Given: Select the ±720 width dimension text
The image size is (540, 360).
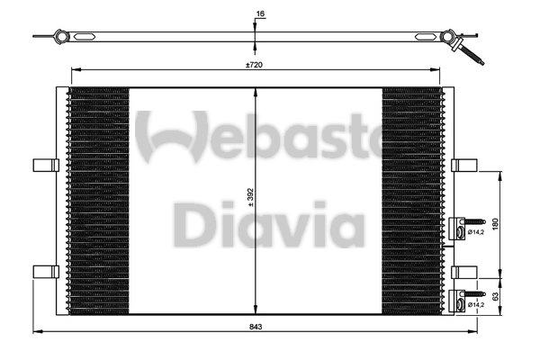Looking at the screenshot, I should pos(256,65).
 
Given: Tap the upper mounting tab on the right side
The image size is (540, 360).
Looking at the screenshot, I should pos(464,165).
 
